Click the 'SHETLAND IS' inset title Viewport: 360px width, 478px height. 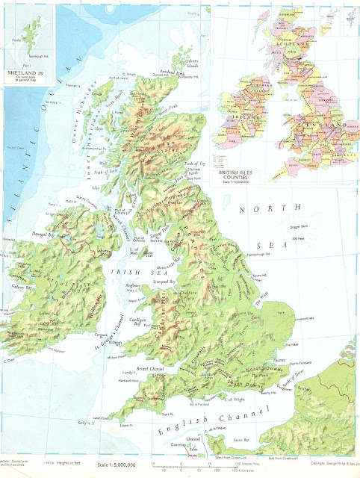pos(24,74)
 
